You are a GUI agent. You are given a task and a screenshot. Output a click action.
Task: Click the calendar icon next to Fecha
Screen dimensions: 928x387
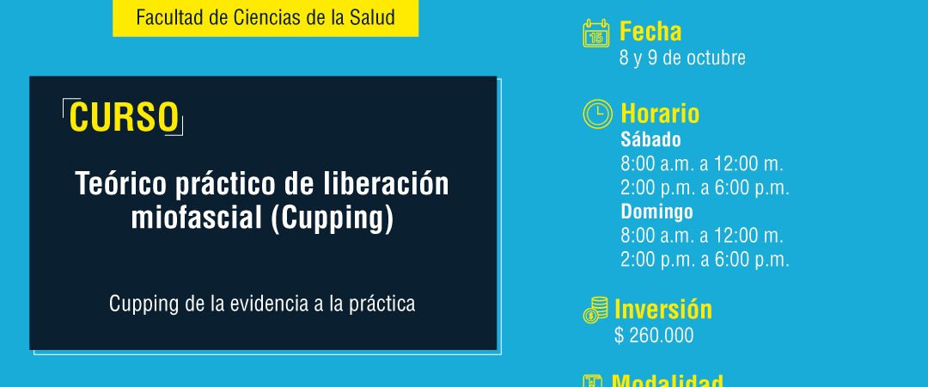click(x=596, y=34)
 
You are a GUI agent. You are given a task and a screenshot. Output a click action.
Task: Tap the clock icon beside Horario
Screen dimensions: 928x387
click(x=598, y=114)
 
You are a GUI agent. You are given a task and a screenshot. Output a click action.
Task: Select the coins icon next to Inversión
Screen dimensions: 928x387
click(x=595, y=310)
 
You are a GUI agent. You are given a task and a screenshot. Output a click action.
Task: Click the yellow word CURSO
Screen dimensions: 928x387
click(x=124, y=117)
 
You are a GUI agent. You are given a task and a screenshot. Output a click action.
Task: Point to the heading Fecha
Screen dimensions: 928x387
click(x=650, y=32)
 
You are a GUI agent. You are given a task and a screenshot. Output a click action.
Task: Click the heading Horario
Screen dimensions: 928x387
click(x=660, y=114)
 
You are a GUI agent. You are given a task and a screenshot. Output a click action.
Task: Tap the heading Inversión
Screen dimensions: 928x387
click(x=663, y=310)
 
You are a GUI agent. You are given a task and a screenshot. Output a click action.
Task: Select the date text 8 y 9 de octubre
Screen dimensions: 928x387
click(x=682, y=58)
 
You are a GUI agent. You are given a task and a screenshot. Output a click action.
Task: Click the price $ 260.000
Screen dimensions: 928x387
click(x=654, y=335)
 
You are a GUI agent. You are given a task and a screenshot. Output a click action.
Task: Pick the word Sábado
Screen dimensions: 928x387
click(x=651, y=140)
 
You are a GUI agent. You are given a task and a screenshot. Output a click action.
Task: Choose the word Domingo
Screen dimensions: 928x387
click(x=657, y=212)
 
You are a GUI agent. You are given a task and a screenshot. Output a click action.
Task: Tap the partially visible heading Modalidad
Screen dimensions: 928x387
click(x=667, y=380)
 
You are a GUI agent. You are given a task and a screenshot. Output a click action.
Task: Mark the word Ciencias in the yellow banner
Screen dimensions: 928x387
click(x=258, y=17)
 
